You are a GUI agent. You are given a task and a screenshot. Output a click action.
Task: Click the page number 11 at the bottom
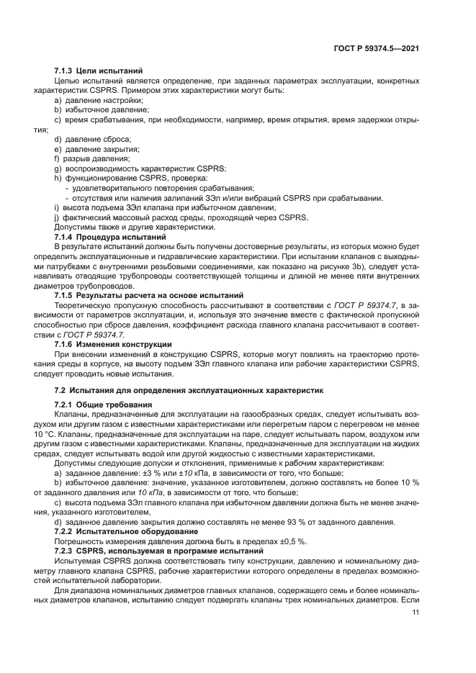(x=415, y=613)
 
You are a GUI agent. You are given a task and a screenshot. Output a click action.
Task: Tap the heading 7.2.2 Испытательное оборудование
(x=121, y=530)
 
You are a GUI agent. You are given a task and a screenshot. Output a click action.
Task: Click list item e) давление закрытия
(x=96, y=148)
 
